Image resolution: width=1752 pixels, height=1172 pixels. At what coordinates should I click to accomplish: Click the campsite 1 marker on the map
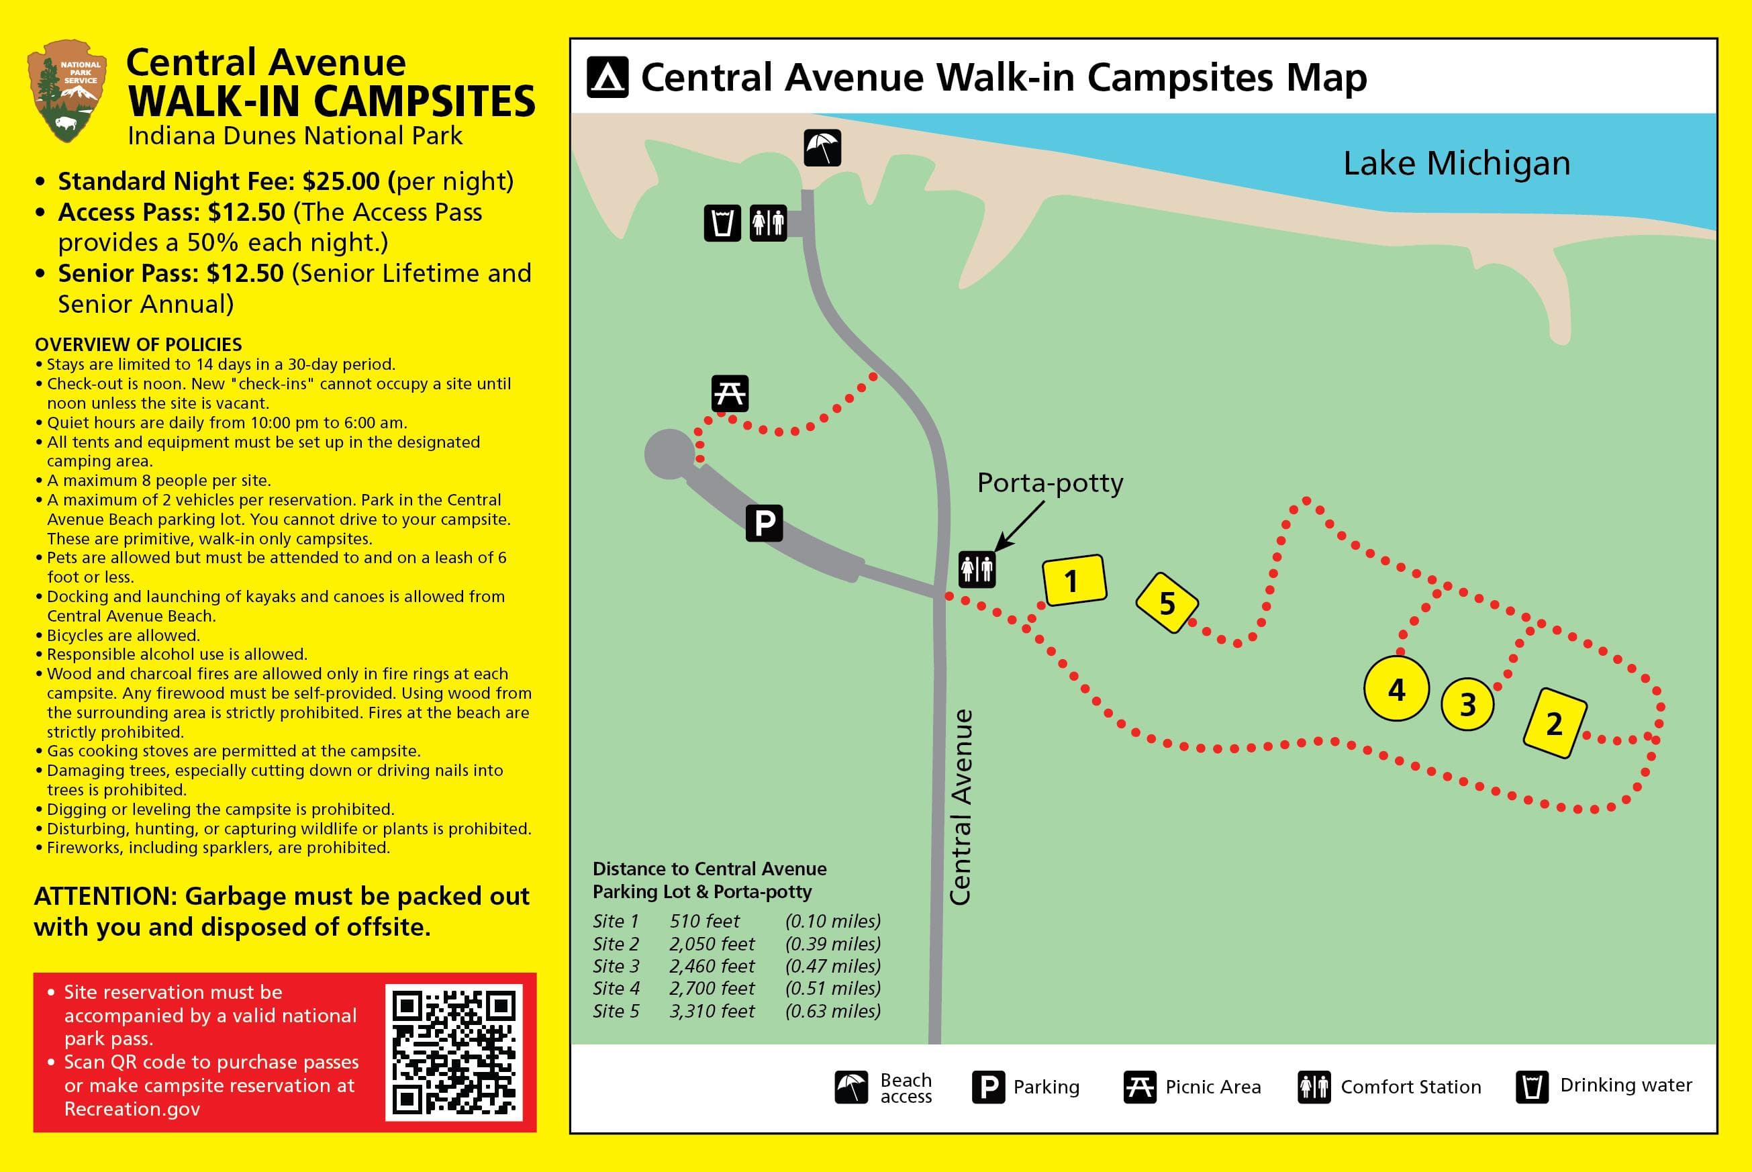coord(1073,580)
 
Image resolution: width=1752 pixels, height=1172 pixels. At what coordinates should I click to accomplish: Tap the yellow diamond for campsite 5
coord(1167,602)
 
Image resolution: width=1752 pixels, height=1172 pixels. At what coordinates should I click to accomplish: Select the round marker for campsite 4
coord(1396,689)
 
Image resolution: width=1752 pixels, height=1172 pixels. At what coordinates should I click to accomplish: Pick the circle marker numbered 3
coord(1467,704)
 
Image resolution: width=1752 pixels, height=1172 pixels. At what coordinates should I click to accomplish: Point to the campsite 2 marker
coord(1555,723)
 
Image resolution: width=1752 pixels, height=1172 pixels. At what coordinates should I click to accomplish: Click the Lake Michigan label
coord(1456,164)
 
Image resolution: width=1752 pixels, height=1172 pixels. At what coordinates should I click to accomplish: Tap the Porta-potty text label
coord(1050,483)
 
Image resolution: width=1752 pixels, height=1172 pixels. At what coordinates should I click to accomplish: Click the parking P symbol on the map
coord(764,522)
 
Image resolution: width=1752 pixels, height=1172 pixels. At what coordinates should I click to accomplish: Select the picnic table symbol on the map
coord(730,393)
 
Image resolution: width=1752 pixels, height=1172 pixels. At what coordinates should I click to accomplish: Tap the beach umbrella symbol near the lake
coord(822,147)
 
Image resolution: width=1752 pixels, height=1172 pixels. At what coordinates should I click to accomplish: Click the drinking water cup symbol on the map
coord(722,223)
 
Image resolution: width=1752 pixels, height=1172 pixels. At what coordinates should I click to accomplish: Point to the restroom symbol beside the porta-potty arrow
coord(977,570)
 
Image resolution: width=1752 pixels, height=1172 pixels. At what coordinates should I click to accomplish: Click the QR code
coord(454,1052)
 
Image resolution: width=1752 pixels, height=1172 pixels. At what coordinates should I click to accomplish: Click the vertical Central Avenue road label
coord(961,808)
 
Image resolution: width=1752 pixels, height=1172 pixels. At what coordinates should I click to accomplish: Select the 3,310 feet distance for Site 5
coord(712,1012)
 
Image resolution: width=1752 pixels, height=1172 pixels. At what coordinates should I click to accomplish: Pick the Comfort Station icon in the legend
coord(1314,1087)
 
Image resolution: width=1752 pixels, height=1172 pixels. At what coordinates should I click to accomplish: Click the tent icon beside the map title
coord(607,78)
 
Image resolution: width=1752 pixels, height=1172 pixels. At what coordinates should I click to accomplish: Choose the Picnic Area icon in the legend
coord(1139,1087)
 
